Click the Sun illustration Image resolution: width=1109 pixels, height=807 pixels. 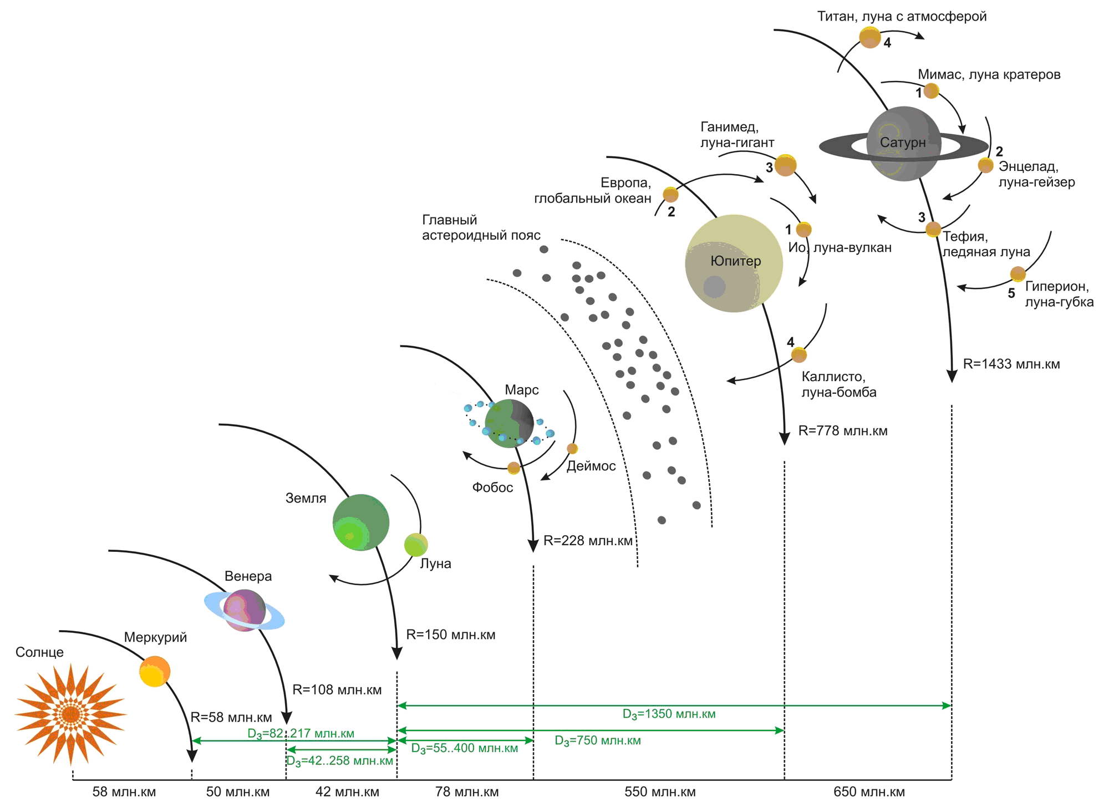70,714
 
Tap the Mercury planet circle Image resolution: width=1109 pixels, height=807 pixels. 155,672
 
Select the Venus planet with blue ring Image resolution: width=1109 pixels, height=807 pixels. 245,610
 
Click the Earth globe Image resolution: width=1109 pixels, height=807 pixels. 361,522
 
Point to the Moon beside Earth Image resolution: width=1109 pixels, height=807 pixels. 416,545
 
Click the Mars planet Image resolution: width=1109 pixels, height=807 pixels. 509,423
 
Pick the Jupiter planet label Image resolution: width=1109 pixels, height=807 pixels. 736,261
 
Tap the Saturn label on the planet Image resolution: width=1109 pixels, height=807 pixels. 903,143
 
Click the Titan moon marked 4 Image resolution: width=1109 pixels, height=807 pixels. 870,38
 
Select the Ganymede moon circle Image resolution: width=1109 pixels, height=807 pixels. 786,165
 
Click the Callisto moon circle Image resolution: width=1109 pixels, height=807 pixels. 798,355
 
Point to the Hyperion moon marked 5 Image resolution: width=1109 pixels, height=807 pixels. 1018,274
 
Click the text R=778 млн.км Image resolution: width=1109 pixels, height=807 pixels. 843,431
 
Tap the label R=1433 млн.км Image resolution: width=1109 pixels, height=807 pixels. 1011,364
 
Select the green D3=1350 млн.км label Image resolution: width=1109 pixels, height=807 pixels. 669,714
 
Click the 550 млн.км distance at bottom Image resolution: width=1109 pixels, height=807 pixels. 660,792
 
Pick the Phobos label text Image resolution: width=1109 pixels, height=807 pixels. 492,488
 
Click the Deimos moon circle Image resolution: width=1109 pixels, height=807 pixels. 572,448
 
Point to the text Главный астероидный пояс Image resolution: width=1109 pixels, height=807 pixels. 481,227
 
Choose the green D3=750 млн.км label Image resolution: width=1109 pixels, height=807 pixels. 598,741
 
